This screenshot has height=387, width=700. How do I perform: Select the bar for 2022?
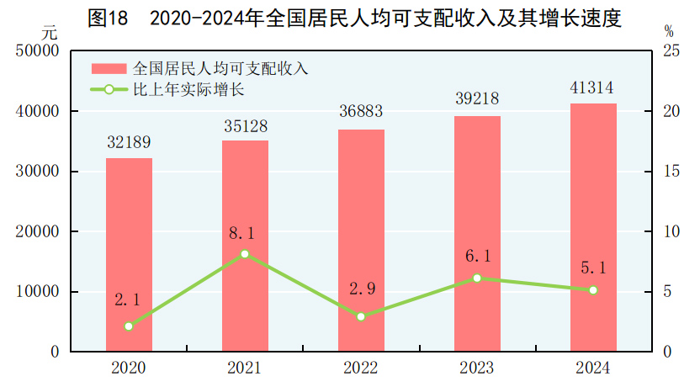pyautogui.click(x=361, y=240)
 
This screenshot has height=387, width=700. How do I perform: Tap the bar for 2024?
pyautogui.click(x=593, y=227)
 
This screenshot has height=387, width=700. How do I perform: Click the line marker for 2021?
pyautogui.click(x=245, y=253)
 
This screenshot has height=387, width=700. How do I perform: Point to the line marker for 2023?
pyautogui.click(x=477, y=278)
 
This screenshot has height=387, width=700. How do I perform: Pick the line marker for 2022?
pyautogui.click(x=361, y=316)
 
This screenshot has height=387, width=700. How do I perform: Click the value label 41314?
pyautogui.click(x=592, y=87)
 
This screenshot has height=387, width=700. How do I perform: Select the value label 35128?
pyautogui.click(x=245, y=125)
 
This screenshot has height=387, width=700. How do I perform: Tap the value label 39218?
pyautogui.click(x=477, y=100)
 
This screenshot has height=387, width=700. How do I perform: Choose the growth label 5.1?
pyautogui.click(x=592, y=268)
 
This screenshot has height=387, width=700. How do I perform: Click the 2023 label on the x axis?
pyautogui.click(x=477, y=368)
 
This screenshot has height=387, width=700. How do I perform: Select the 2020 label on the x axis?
pyautogui.click(x=129, y=368)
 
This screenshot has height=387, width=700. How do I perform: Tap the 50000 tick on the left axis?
pyautogui.click(x=36, y=51)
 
